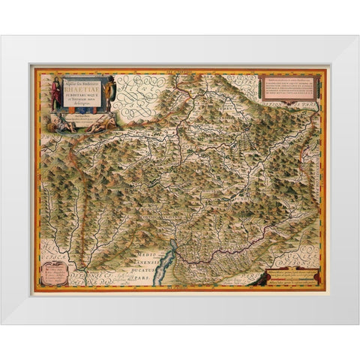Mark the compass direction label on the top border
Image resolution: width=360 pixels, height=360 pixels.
[180, 72]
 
